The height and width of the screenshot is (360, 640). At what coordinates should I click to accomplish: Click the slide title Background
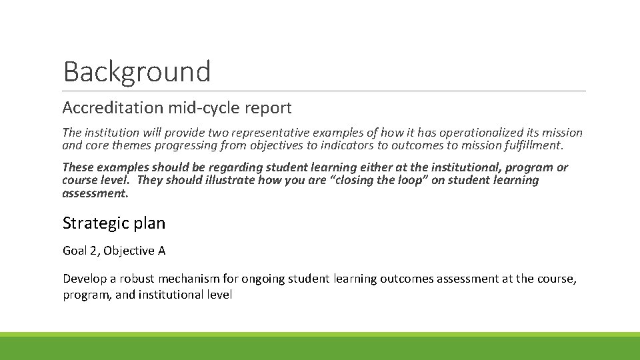pos(137,71)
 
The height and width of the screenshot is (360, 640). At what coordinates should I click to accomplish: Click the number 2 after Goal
pos(92,251)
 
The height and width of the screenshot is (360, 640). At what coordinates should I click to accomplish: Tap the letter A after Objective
pos(161,251)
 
